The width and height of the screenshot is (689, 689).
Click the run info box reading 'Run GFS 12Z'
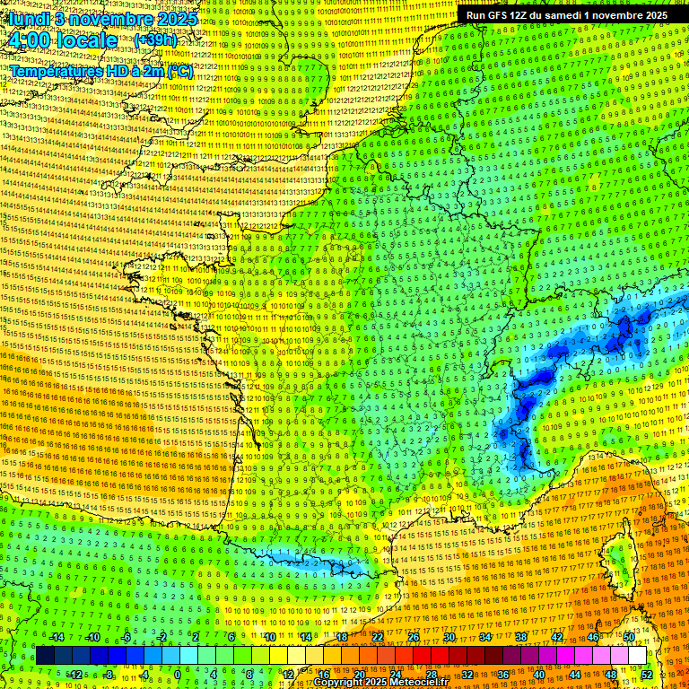coord(566,15)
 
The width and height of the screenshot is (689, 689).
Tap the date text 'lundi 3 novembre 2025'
coord(92,17)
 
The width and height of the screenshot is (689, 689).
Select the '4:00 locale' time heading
coord(61,40)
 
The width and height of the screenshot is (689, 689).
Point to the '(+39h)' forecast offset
coord(155,40)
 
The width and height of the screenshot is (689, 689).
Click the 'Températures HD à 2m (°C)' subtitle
coord(101,72)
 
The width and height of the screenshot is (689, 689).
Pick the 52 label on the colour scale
coord(647,674)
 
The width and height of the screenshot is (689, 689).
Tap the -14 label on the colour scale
coord(56,637)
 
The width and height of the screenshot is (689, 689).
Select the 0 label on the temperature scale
coord(178,674)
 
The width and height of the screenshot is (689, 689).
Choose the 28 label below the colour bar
coord(432,674)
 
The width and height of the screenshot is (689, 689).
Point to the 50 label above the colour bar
coord(629,637)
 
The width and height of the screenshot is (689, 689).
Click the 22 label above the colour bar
coord(378,637)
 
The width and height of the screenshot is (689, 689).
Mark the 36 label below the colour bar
coord(503,674)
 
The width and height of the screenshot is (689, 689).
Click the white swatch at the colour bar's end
coord(638,656)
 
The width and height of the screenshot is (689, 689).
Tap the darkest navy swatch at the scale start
coord(45,656)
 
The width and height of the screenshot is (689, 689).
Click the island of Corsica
coord(616,556)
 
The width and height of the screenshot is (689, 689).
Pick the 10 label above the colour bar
coord(269,637)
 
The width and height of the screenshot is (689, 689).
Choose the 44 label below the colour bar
coord(575,674)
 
